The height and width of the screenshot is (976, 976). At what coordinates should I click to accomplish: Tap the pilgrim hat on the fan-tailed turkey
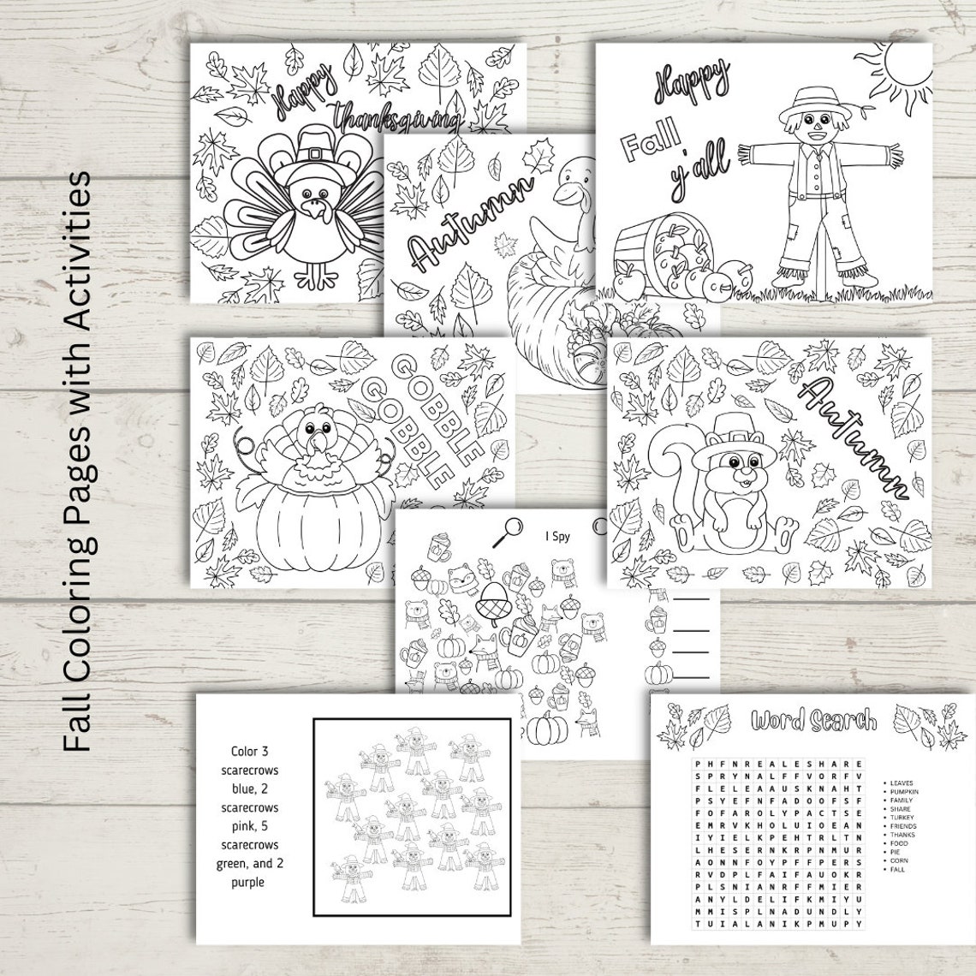click(320, 160)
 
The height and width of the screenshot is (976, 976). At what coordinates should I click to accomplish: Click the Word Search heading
click(813, 721)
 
